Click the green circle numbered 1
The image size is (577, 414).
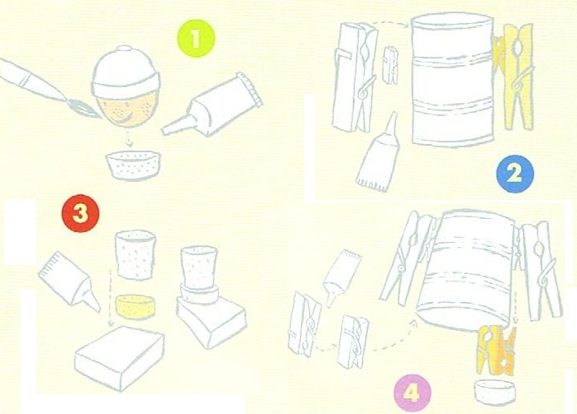196,39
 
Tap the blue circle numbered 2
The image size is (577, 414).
515,174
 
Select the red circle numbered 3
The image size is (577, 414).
81,214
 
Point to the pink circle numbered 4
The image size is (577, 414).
412,393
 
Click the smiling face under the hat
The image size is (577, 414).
127,109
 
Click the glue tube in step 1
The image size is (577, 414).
212,105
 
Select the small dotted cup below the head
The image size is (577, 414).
133,165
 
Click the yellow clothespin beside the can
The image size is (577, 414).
514,76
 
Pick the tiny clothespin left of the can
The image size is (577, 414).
390,65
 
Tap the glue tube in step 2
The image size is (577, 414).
379,153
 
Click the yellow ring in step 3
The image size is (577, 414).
135,306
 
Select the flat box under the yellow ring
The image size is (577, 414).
119,357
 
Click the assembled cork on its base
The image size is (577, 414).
210,297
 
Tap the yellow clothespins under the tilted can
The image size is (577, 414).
496,350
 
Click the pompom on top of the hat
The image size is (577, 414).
124,49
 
